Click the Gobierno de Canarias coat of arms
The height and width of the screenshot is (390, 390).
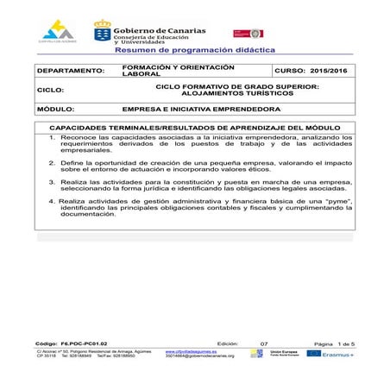(x=103, y=34)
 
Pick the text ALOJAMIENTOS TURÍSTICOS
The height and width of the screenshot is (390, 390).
(x=237, y=93)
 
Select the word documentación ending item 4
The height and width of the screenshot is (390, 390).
(x=87, y=214)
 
